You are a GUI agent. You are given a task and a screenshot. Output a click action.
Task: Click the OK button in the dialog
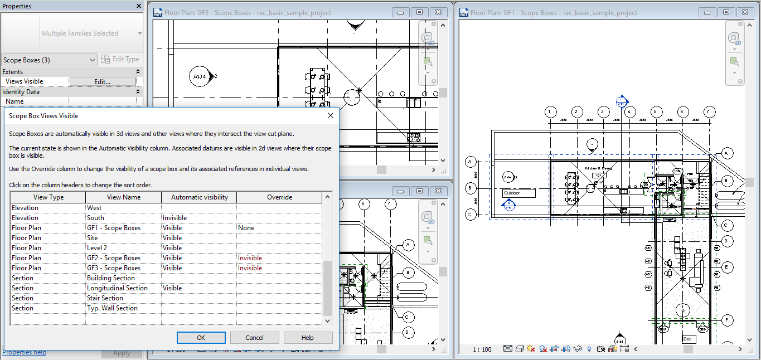coord(201,338)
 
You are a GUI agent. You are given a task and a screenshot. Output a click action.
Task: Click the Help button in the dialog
coord(308,338)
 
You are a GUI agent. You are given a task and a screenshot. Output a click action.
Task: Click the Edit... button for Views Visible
coord(102,81)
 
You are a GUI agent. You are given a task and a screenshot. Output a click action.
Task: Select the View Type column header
coord(49,197)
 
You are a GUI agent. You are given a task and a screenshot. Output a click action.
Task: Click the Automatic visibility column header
coord(199,197)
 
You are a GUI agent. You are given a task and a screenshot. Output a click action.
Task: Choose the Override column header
coord(279,197)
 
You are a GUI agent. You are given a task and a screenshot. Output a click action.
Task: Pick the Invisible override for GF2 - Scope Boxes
coord(250,258)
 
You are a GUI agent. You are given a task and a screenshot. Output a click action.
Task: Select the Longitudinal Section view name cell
coord(117,288)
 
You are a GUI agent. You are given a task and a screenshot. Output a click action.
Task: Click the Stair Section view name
coord(105,298)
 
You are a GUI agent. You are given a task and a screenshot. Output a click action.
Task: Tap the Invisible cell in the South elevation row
coord(175,218)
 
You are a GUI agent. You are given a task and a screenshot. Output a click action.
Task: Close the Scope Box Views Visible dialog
coord(331,116)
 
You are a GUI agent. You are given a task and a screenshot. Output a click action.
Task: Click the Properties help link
coord(25,352)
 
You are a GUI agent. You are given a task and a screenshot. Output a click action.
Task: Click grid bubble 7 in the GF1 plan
coord(709,112)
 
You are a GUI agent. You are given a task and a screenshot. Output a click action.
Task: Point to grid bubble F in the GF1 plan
coord(726,320)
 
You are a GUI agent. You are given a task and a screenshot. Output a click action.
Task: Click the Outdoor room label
coord(518,193)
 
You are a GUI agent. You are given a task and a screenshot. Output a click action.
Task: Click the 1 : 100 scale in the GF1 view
coord(482,349)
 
